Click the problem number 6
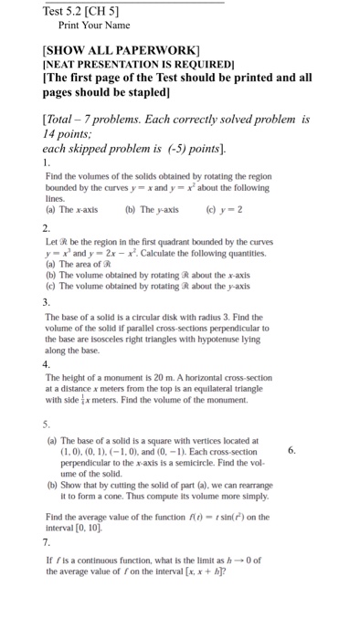click(x=291, y=450)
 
